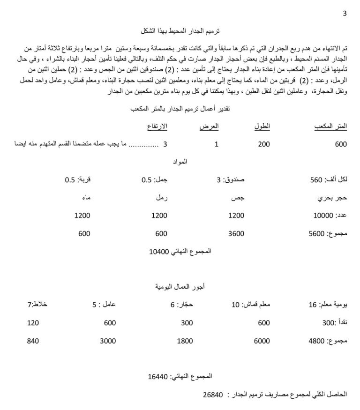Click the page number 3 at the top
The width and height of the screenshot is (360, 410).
[x=345, y=13]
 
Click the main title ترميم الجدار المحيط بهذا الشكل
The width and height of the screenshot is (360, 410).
[x=180, y=30]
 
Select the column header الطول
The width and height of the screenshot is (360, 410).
[x=265, y=126]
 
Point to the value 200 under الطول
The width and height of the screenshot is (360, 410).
[x=264, y=144]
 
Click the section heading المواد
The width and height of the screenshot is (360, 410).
[x=180, y=162]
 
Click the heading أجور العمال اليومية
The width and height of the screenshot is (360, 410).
[x=180, y=286]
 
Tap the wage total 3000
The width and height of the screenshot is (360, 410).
[x=108, y=341]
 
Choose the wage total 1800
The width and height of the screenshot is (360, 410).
[x=185, y=341]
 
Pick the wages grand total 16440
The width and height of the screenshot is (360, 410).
[x=157, y=376]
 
